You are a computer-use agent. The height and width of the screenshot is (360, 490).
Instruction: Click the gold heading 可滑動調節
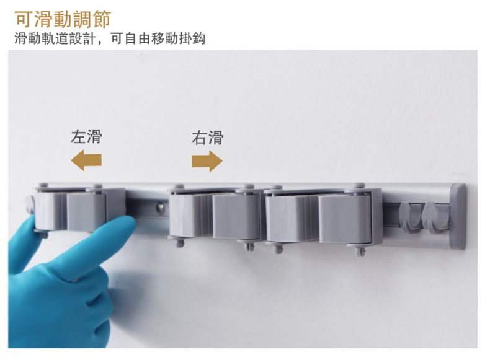point(63,19)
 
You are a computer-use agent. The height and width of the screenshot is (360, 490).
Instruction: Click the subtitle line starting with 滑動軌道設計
point(110,38)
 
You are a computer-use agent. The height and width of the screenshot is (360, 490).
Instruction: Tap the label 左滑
point(86,137)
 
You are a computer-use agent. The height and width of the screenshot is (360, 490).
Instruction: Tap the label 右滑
point(208,138)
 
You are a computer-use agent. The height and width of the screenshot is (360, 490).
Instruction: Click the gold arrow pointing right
point(207,161)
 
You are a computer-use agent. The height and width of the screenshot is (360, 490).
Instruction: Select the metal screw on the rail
point(161,208)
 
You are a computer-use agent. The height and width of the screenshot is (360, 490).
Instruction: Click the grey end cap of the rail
point(458,216)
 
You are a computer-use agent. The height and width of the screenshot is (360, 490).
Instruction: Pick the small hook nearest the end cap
point(435,217)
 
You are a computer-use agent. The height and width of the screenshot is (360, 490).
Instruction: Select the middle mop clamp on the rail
point(215,215)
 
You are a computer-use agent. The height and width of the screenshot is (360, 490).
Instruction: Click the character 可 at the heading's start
point(23,19)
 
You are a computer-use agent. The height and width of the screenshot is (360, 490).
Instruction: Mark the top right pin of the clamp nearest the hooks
point(359,187)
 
